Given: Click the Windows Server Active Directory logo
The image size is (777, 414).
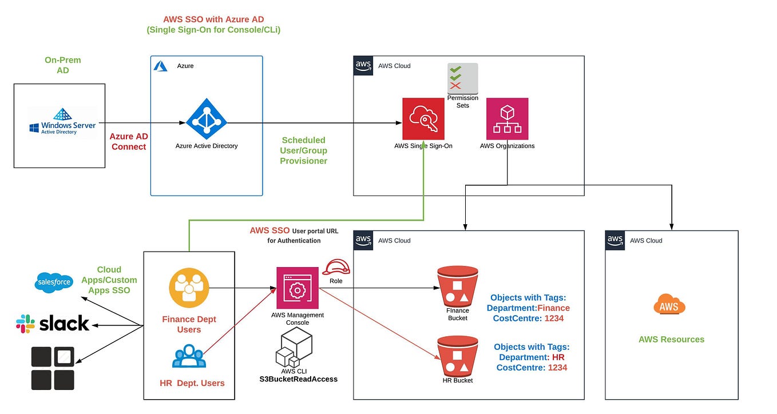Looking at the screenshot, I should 62,121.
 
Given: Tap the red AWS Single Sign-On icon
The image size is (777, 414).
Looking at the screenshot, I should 423,119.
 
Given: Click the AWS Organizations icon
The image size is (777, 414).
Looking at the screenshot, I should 507,119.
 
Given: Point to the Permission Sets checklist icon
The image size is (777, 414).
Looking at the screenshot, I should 462,78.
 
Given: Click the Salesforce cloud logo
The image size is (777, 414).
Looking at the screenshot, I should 54,282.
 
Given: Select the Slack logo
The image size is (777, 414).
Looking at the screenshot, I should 53,324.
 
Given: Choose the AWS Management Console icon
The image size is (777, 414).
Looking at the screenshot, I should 297,288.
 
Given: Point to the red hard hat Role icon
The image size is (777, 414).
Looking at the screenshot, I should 336,267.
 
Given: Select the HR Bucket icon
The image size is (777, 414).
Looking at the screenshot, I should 457,356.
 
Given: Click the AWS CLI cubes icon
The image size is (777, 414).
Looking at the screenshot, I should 294,348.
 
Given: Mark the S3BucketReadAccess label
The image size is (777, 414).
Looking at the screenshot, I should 298,379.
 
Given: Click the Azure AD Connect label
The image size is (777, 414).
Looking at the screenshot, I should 129,142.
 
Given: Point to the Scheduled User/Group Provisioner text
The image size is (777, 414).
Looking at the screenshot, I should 303,150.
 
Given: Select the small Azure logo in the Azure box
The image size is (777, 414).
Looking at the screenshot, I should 161,66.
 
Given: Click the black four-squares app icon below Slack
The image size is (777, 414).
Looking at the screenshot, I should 53,368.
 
